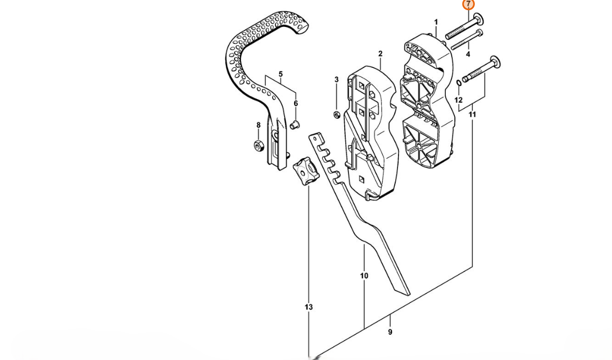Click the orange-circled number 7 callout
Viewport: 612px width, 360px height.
pos(468,5)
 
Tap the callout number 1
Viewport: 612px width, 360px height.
pos(436,22)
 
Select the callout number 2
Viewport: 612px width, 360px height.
pos(381,53)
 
